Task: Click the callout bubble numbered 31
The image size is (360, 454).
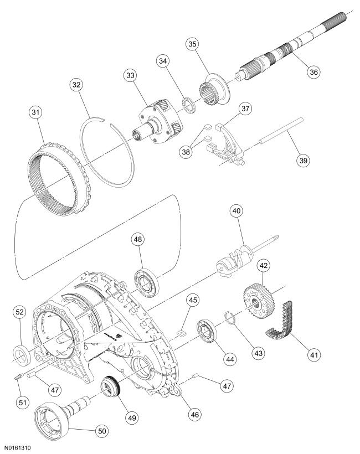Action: pyautogui.click(x=37, y=113)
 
